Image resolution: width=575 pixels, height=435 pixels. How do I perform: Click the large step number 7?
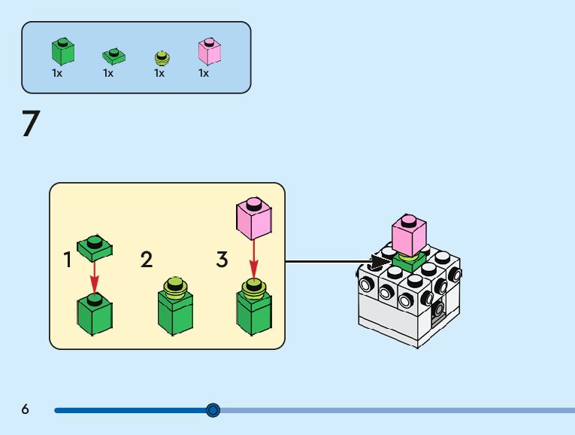point(30,124)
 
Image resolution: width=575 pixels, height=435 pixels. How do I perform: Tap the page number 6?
point(26,409)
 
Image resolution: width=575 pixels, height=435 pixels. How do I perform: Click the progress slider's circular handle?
point(213,410)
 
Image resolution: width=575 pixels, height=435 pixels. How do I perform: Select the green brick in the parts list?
point(63,50)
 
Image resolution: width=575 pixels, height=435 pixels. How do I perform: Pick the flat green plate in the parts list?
point(113,56)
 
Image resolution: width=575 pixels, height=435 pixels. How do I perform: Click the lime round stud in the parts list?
point(161,57)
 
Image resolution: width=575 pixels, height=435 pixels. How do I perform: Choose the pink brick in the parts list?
point(209,50)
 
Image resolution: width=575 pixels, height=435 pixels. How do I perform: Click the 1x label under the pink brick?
point(204,74)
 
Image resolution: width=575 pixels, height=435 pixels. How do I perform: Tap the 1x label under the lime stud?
point(159,74)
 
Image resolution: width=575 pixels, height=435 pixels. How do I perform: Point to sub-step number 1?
point(68,260)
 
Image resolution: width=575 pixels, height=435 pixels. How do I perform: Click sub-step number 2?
point(147,260)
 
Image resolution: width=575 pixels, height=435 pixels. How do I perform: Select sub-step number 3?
point(222,260)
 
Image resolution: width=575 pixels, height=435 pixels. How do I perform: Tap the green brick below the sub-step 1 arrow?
point(95,314)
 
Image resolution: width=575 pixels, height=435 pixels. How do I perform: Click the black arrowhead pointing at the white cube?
point(380,263)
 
